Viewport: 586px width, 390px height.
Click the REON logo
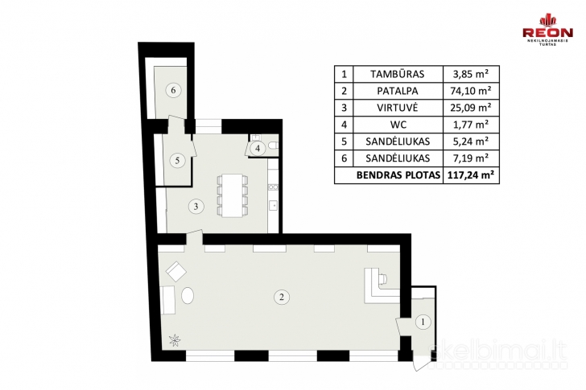(x=547, y=30)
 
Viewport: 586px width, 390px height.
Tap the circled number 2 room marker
(x=282, y=297)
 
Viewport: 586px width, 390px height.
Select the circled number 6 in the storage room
(x=173, y=90)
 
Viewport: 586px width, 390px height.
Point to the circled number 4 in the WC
(x=258, y=149)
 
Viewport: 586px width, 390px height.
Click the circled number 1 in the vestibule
(x=423, y=322)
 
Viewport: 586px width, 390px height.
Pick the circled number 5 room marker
(x=177, y=161)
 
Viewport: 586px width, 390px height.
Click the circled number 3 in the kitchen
(x=196, y=206)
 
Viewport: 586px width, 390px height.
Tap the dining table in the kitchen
(x=233, y=196)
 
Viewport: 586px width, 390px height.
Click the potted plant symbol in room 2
(x=175, y=339)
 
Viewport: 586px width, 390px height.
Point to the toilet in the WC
(x=273, y=146)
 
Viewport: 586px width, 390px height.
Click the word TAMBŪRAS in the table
(x=398, y=74)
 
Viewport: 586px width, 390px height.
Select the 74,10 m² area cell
(x=471, y=91)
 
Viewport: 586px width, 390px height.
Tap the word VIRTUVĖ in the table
(x=398, y=108)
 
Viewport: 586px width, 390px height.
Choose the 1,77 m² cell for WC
(x=471, y=125)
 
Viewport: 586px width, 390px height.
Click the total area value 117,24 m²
(x=471, y=174)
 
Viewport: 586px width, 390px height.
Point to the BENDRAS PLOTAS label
(x=398, y=175)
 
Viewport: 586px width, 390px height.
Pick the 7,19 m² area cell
(x=471, y=158)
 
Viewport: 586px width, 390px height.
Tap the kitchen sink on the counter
(x=273, y=205)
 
